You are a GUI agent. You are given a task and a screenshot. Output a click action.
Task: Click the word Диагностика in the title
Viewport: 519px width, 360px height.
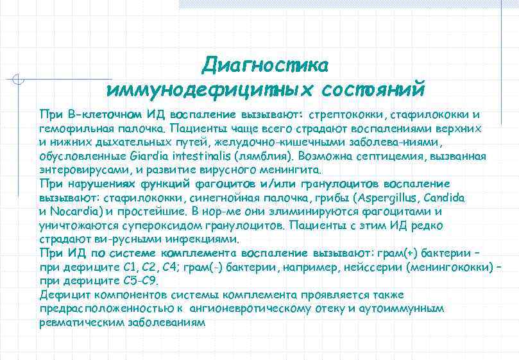(x=265, y=64)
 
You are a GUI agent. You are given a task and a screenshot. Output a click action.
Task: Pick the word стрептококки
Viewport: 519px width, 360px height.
(x=346, y=115)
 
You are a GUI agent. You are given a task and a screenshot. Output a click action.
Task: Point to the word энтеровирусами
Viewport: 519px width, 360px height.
(x=78, y=170)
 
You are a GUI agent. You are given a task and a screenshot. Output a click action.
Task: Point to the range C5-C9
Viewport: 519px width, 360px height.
(x=139, y=281)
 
